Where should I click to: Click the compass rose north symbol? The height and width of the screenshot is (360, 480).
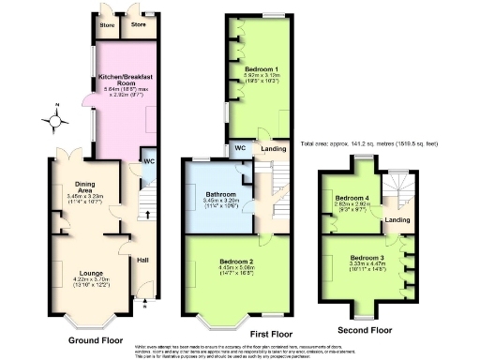coord(55,120)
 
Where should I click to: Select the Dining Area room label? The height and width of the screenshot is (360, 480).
coord(80,187)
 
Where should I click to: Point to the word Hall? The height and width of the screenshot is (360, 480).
coord(143,260)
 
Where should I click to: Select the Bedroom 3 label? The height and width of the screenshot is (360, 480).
coord(367,257)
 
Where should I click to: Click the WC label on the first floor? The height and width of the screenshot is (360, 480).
coord(238,148)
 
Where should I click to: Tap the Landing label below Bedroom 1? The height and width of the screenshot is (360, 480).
coord(274,148)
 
